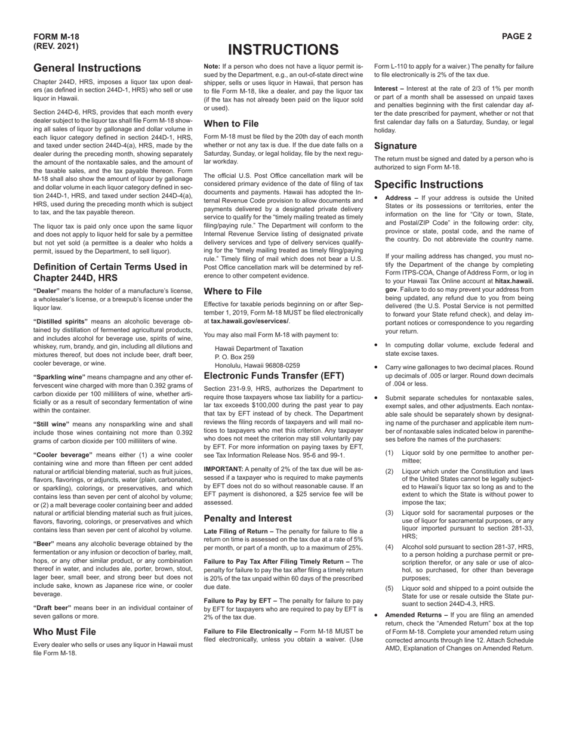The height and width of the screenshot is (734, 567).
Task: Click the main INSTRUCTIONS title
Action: [283, 50]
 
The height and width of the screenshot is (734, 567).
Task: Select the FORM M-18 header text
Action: [56, 36]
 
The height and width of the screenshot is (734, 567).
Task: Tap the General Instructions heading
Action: [87, 68]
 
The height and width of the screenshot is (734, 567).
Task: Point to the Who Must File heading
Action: [64, 631]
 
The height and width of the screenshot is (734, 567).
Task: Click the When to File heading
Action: [231, 124]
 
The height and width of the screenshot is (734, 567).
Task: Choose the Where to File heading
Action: [232, 291]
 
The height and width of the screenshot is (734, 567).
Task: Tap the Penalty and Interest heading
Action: [248, 518]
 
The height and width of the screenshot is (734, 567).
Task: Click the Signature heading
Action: [395, 146]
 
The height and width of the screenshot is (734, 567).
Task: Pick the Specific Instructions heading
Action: [437, 184]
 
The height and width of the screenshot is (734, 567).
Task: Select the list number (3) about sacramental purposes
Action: [390, 513]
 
